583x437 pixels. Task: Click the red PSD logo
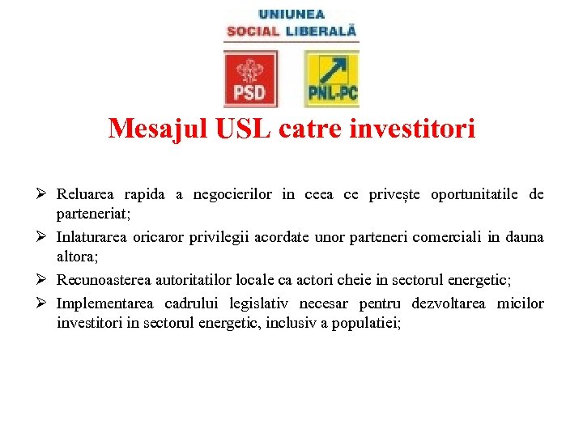(249, 78)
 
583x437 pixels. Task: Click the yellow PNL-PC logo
(331, 78)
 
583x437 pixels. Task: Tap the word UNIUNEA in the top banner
(291, 14)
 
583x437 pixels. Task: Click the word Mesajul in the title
(149, 129)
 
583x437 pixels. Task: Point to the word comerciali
(449, 237)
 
